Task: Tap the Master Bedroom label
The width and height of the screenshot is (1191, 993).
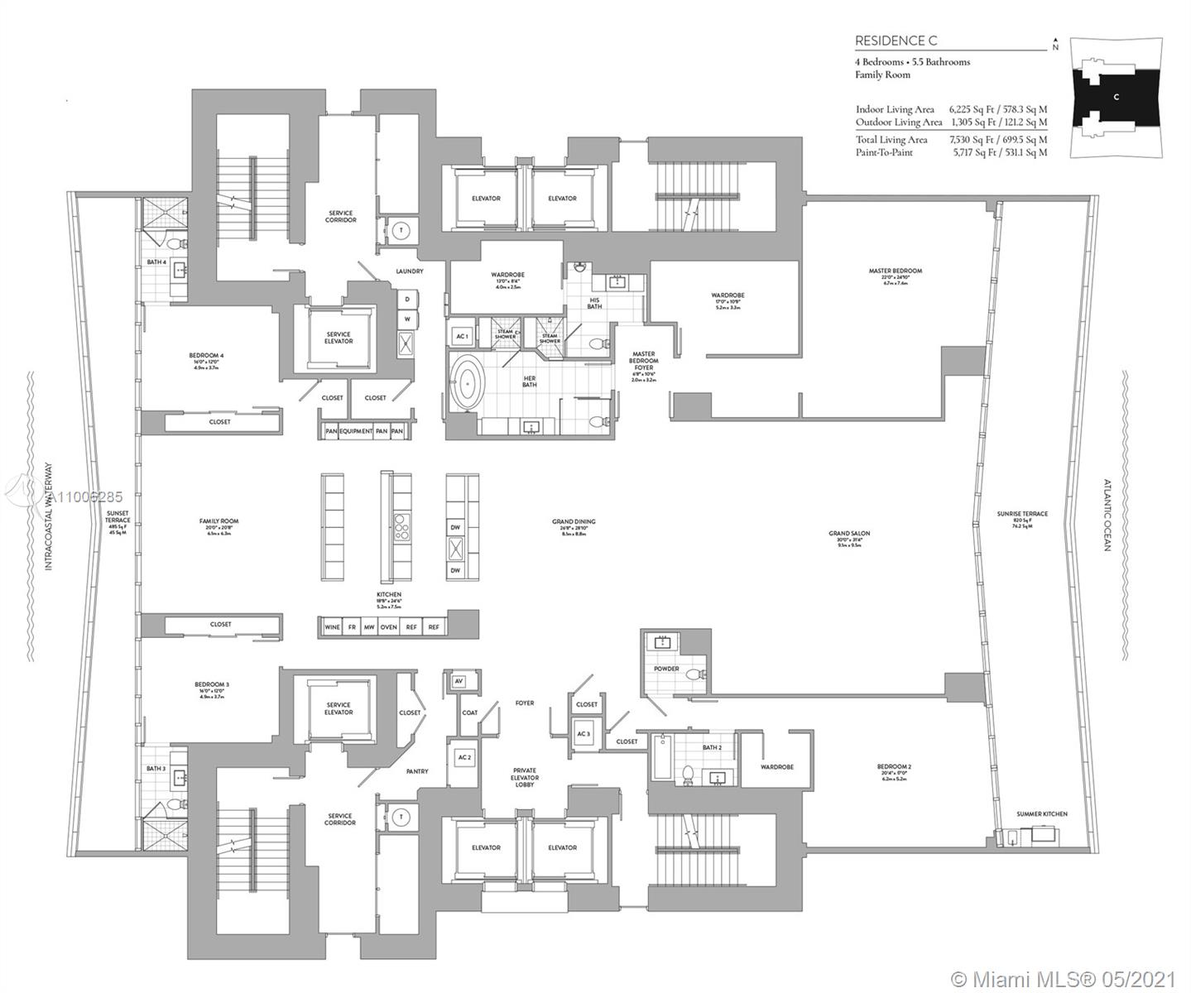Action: point(895,271)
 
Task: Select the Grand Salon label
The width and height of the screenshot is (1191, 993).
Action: point(848,534)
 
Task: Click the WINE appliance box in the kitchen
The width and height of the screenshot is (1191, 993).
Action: point(333,627)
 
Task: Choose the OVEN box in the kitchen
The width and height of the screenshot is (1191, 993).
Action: point(389,627)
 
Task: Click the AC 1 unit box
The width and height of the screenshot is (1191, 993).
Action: point(462,337)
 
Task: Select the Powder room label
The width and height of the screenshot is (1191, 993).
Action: point(666,669)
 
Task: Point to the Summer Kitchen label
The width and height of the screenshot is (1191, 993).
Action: point(1042,814)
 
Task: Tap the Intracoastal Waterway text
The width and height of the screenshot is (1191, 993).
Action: point(48,516)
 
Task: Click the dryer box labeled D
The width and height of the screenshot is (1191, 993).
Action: point(407,300)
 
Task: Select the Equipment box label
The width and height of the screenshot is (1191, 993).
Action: point(355,431)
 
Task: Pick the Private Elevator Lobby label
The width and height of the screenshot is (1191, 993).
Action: point(524,777)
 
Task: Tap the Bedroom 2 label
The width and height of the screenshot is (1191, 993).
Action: point(894,767)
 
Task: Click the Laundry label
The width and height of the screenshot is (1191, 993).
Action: point(409,271)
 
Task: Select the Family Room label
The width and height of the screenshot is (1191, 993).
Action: point(219,521)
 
